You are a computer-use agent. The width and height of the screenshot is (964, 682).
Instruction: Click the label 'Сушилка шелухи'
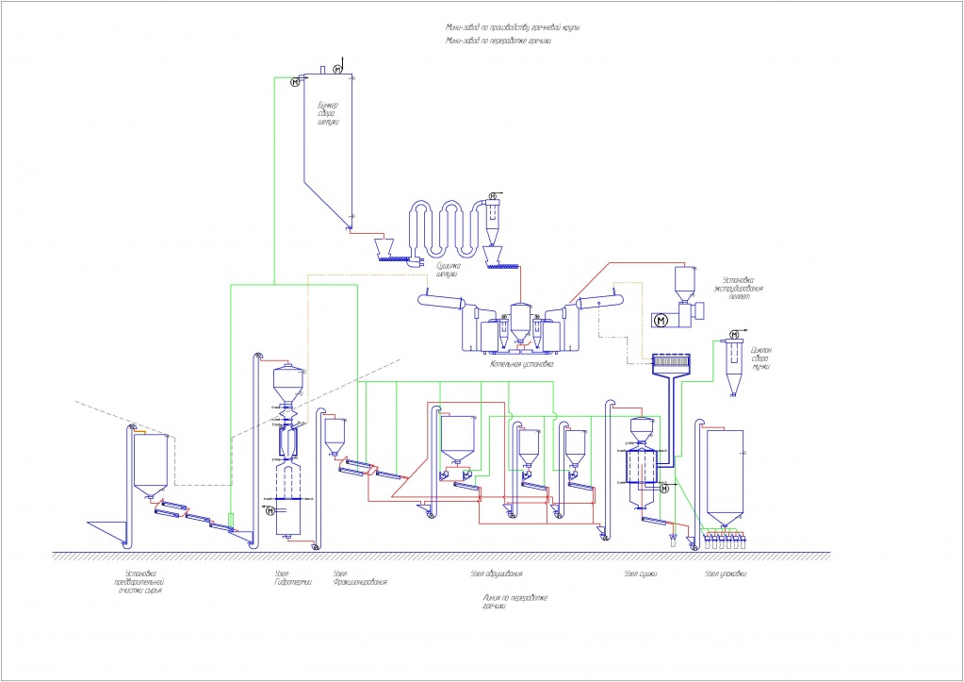click(447, 273)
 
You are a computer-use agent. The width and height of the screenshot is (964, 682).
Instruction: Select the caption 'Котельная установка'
click(521, 363)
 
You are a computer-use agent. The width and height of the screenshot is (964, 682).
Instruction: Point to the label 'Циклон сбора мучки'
click(761, 358)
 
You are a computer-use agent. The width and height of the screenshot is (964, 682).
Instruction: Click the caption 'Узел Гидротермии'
click(286, 577)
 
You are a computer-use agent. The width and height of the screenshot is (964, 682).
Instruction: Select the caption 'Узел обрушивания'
click(496, 574)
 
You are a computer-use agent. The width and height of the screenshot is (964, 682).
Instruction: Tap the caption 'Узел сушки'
click(640, 574)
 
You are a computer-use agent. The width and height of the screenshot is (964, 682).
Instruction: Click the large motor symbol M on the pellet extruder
click(661, 321)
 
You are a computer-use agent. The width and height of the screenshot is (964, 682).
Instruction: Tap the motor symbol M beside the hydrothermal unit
click(270, 511)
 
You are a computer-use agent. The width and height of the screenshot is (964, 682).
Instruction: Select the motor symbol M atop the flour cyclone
click(733, 335)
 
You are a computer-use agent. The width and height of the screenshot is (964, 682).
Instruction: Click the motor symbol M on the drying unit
click(663, 488)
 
